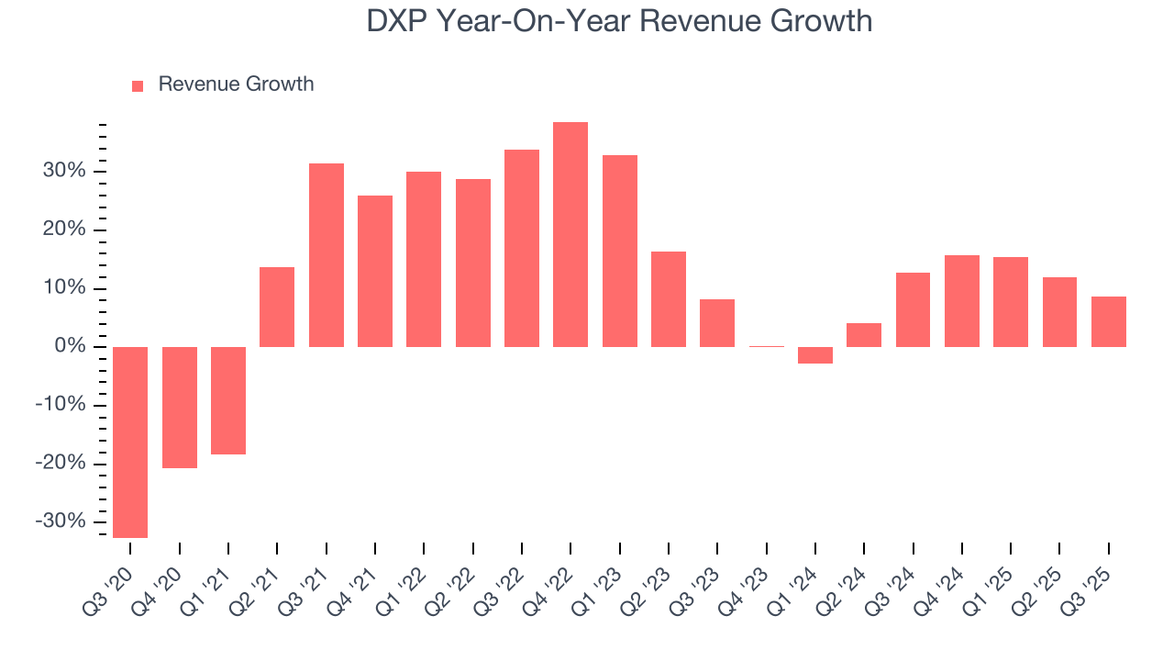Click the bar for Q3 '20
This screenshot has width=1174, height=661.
click(130, 442)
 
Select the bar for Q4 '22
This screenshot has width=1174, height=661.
click(570, 234)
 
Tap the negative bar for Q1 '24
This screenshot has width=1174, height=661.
click(814, 355)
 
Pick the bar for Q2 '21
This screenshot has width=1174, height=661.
click(277, 307)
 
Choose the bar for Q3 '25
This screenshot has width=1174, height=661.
click(1108, 321)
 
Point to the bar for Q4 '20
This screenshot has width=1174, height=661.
click(180, 408)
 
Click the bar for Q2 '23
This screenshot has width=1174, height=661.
click(668, 299)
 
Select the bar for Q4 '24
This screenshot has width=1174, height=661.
click(961, 301)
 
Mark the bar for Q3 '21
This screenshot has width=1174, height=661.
click(326, 255)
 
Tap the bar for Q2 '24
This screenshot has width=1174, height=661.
click(864, 335)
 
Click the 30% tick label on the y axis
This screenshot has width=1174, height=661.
click(62, 172)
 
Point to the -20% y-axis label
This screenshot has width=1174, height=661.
click(60, 464)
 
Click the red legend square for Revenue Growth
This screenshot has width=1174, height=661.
click(138, 85)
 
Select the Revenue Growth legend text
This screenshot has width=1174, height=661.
click(236, 84)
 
